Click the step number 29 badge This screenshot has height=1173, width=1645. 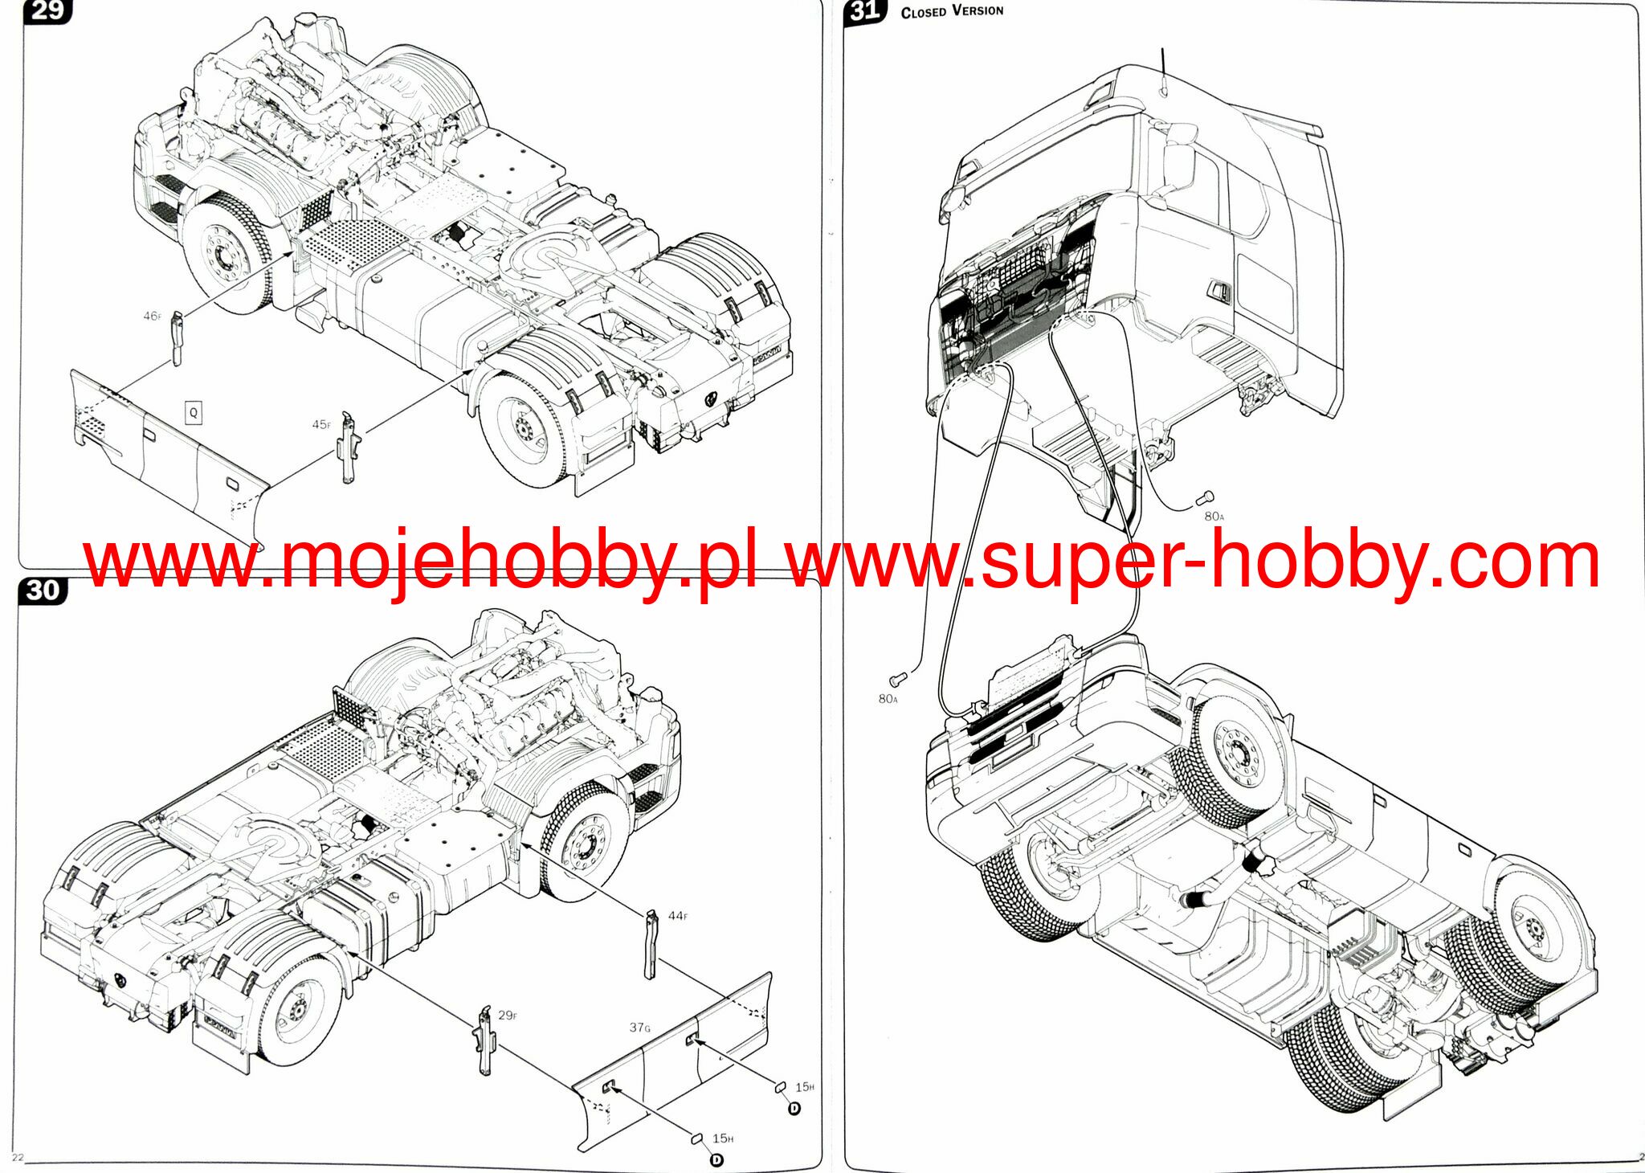pyautogui.click(x=47, y=11)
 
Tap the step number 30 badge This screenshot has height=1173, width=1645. pyautogui.click(x=43, y=591)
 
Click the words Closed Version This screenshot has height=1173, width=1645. pyautogui.click(x=952, y=11)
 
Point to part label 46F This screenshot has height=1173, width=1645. pyautogui.click(x=152, y=316)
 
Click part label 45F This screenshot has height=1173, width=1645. pyautogui.click(x=320, y=424)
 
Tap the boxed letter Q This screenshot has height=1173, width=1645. pyautogui.click(x=193, y=413)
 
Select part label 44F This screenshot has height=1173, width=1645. pyautogui.click(x=677, y=916)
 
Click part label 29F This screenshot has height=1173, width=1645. pyautogui.click(x=507, y=1016)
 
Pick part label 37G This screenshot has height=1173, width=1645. pyautogui.click(x=640, y=1027)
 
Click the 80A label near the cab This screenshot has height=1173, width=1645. pyautogui.click(x=1214, y=517)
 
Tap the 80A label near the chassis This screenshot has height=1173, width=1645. pyautogui.click(x=888, y=699)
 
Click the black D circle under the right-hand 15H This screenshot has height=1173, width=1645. pyautogui.click(x=794, y=1109)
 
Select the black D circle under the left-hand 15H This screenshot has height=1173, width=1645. pyautogui.click(x=716, y=1159)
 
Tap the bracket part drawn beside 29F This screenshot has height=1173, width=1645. pyautogui.click(x=486, y=1041)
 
